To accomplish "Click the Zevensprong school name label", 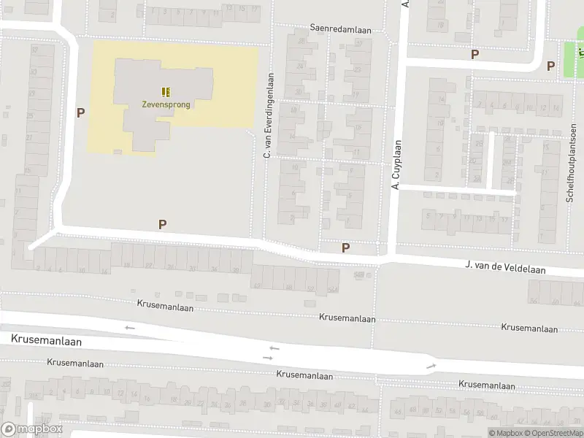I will click(166, 104).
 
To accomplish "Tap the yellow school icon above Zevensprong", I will click(166, 91).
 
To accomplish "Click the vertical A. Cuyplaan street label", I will click(396, 165).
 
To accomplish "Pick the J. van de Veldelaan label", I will click(505, 269).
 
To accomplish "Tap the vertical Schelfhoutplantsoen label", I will click(573, 162).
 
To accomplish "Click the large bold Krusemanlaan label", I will click(47, 341).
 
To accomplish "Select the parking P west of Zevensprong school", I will click(81, 113).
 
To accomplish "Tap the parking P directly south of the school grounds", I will click(162, 225).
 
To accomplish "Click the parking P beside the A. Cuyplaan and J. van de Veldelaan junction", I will click(345, 248).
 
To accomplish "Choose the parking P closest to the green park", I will click(551, 66).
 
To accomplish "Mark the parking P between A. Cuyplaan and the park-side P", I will click(474, 55).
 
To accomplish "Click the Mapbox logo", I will click(30, 429).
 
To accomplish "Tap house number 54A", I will click(333, 290).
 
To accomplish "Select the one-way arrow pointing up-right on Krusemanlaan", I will click(431, 366).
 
